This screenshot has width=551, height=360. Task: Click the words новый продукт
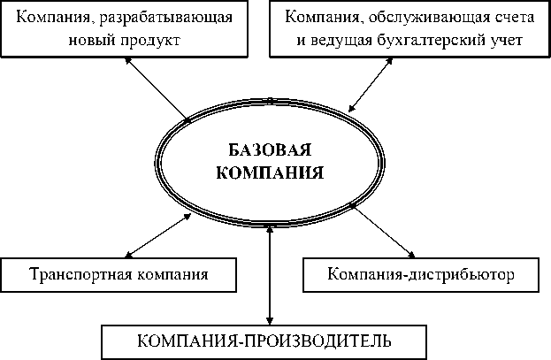(x=123, y=41)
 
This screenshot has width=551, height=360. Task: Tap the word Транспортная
(x=82, y=273)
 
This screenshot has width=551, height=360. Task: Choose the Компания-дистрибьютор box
(x=420, y=273)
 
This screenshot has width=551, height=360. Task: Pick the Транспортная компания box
(x=119, y=273)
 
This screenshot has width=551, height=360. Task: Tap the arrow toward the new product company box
(x=157, y=88)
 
